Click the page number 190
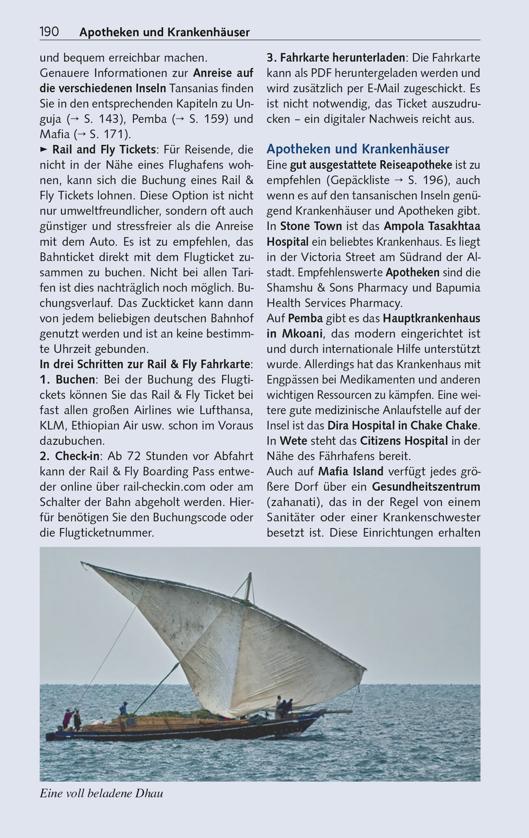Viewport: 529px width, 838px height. (49, 32)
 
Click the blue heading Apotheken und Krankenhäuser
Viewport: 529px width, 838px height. (358, 149)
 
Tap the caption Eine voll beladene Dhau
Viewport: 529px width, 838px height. (101, 793)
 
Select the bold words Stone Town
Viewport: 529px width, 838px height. (311, 226)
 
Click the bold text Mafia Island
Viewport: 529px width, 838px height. (351, 471)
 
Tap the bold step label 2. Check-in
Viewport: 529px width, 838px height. (70, 456)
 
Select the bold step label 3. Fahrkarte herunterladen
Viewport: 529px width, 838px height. (336, 58)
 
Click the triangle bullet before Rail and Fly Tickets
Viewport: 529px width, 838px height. (44, 149)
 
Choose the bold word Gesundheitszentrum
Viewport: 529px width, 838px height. (426, 487)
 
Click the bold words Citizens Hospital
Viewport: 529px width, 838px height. (404, 441)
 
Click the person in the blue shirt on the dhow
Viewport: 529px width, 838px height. (123, 708)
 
